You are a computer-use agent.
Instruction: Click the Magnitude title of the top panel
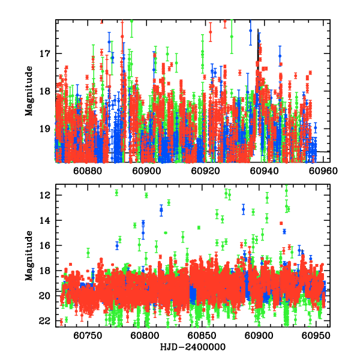[x=29, y=91]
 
